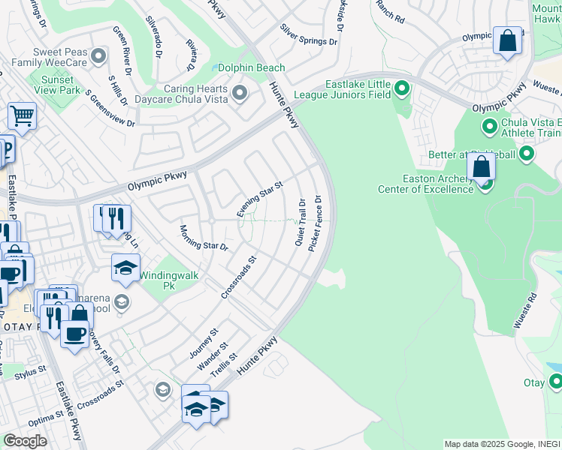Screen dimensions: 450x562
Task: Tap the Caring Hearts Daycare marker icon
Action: coord(240,93)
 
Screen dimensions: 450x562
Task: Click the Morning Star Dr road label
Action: coord(203,236)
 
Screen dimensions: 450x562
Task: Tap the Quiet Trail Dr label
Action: coord(301,223)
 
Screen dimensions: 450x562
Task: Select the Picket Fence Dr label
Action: coord(316,223)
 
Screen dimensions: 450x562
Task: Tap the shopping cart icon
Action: coord(23,116)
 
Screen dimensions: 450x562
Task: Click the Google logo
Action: coord(26,441)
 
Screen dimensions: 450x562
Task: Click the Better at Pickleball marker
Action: coord(527,154)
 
